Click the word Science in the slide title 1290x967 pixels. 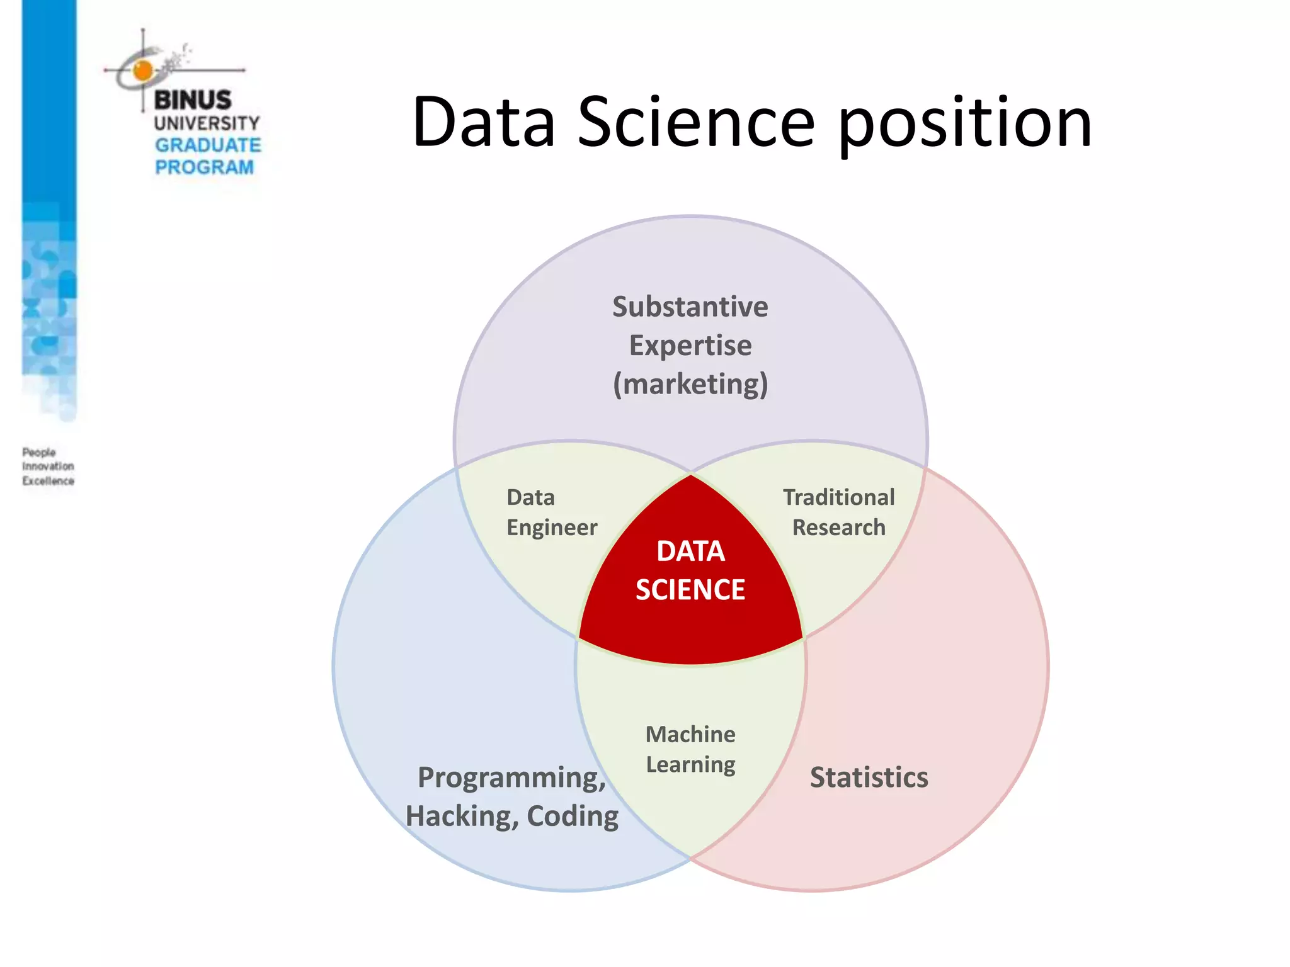click(696, 123)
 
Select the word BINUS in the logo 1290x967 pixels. click(193, 99)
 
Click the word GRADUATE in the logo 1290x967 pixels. click(208, 145)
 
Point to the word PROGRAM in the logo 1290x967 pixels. click(204, 167)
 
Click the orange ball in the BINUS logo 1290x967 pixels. click(144, 71)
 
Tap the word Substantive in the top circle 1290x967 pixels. click(690, 307)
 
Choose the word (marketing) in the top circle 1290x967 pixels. click(690, 384)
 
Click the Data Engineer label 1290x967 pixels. click(551, 512)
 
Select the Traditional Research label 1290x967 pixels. click(838, 512)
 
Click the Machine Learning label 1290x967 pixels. click(690, 749)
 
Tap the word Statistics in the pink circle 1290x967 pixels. click(869, 778)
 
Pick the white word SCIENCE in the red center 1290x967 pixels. click(690, 590)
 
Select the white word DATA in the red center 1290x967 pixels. click(690, 551)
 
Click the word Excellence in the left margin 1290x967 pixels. click(49, 481)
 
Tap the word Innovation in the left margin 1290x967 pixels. click(49, 467)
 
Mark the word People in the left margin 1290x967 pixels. click(39, 452)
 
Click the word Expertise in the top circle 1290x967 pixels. click(690, 346)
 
